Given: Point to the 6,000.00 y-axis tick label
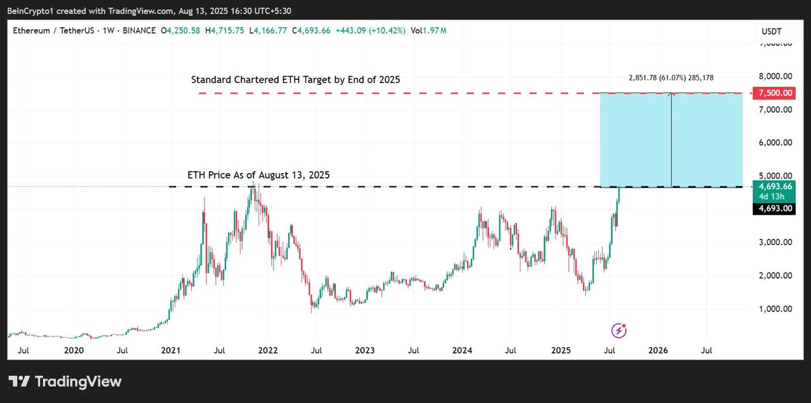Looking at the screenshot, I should [x=776, y=143].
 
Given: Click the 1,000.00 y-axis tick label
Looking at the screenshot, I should [x=776, y=309].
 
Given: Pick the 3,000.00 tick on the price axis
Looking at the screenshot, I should [x=776, y=242].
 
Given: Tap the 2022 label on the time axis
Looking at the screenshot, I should [x=267, y=350].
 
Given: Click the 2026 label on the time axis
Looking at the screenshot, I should [x=658, y=350].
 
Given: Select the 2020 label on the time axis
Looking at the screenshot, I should [x=73, y=350].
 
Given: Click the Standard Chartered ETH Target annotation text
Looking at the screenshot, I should [x=295, y=80].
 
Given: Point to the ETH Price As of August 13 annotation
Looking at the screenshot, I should [x=259, y=175].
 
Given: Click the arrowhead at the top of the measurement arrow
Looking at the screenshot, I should [x=672, y=95].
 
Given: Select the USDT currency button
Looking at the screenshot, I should [x=771, y=32].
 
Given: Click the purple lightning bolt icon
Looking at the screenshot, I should [x=619, y=330].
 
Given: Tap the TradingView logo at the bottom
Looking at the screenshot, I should [x=65, y=381].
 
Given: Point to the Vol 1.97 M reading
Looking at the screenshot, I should [x=428, y=30].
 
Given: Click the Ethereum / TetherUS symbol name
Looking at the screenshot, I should [x=50, y=30].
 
